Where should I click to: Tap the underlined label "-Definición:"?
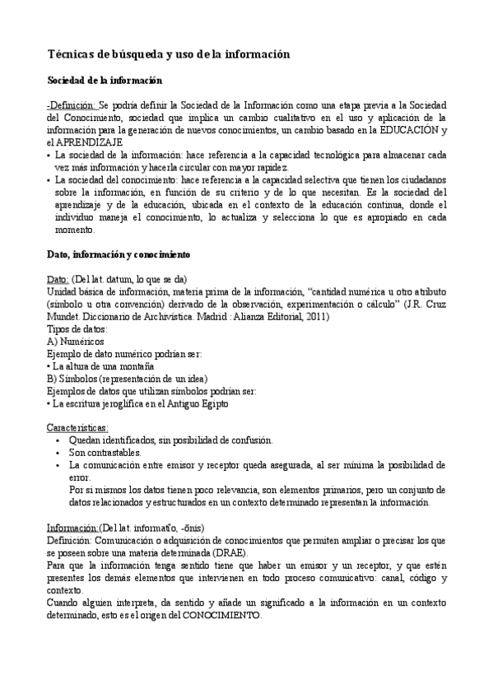tap(72, 106)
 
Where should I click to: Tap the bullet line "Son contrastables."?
tap(105, 453)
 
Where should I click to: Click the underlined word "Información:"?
tap(72, 527)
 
